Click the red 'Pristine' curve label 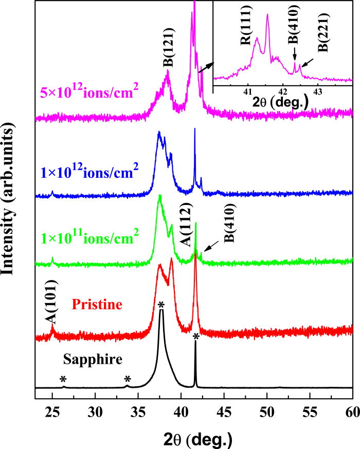click(97, 305)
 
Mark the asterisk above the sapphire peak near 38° click(161, 305)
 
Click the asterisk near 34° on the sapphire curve click(128, 379)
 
